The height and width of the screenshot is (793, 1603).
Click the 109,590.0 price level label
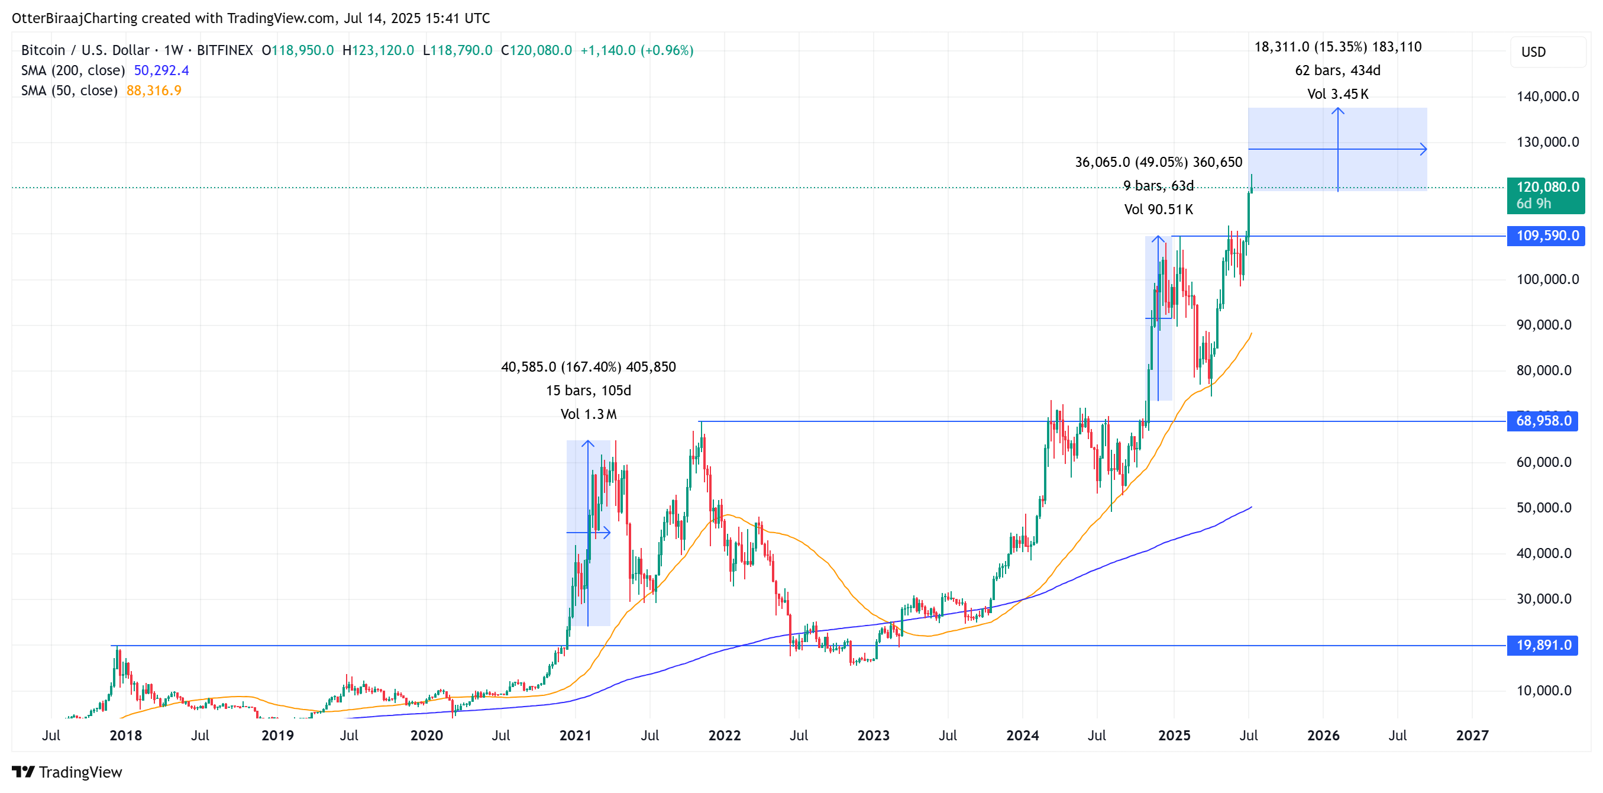tap(1546, 236)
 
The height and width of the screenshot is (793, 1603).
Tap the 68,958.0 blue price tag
tap(1543, 421)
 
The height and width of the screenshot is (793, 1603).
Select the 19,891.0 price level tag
tap(1543, 646)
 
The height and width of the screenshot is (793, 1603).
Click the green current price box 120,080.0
tap(1546, 188)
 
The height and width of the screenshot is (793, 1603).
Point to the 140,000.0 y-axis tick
tap(1547, 96)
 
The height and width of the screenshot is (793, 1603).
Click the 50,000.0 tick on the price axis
tap(1543, 508)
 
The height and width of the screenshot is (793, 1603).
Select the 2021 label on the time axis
tap(575, 736)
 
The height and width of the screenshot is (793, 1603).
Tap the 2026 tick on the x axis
tap(1323, 736)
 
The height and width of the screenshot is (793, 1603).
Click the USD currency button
tap(1533, 52)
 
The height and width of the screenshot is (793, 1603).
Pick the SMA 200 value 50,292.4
tap(161, 70)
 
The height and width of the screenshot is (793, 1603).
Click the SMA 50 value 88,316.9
tap(154, 91)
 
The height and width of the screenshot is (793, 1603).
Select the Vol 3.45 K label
tap(1337, 95)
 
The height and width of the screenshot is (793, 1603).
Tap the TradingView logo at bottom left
tap(67, 772)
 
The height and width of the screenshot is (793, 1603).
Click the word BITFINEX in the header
tap(225, 50)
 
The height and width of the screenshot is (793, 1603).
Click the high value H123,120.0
tap(378, 50)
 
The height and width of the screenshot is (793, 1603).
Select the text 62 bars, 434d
tap(1337, 71)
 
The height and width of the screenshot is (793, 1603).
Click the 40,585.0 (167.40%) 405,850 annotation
tap(588, 368)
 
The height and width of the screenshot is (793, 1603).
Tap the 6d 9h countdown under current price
tap(1533, 204)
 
